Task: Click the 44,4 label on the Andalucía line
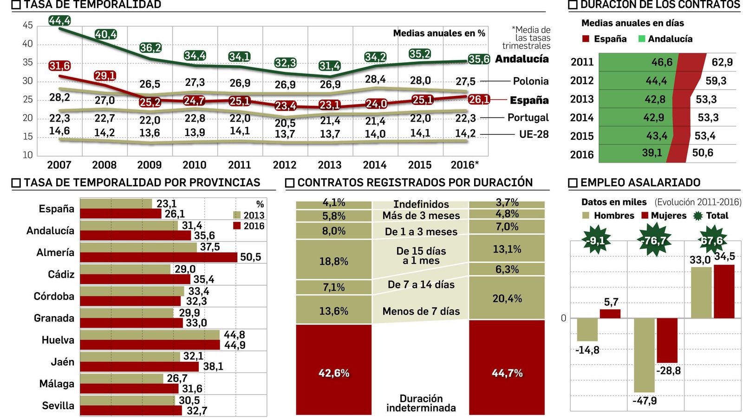tap(59, 20)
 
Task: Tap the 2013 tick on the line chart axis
tap(329, 165)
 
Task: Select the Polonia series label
tap(530, 81)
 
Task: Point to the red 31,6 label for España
tap(59, 66)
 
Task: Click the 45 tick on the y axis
tap(28, 26)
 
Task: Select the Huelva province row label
tap(58, 340)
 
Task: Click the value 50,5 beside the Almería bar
tap(250, 257)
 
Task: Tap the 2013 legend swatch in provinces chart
tap(237, 216)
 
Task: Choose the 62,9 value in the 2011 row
tap(722, 62)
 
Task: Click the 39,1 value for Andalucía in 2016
tap(652, 153)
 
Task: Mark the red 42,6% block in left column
tap(333, 369)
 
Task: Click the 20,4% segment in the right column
tap(507, 298)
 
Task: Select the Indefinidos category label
tap(421, 204)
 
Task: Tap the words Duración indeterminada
tap(421, 403)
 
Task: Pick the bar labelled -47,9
tap(644, 355)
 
